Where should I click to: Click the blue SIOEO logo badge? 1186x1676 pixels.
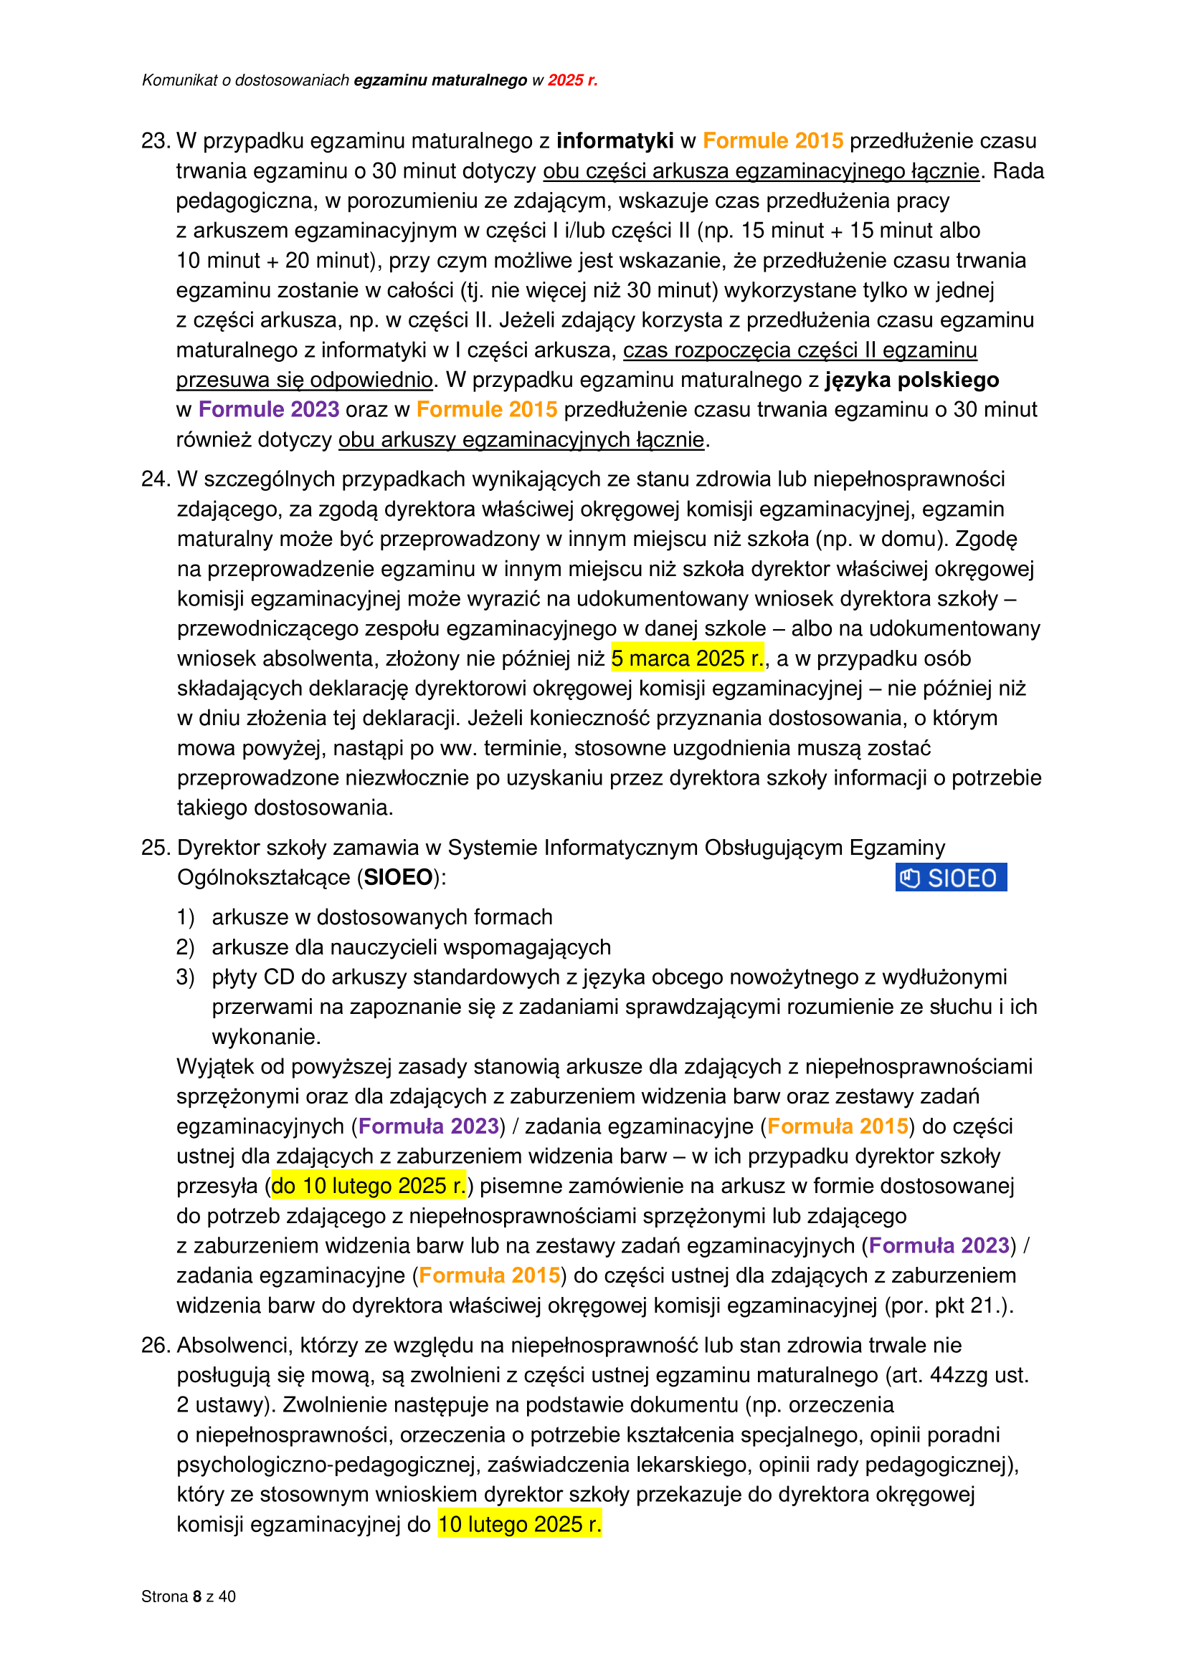[x=950, y=878]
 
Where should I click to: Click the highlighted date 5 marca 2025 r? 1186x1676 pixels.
[x=687, y=659]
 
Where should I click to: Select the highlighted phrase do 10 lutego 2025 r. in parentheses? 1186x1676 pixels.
[x=368, y=1185]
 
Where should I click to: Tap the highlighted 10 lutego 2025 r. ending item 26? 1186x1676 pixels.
[x=519, y=1524]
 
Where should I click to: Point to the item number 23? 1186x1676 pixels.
[x=155, y=141]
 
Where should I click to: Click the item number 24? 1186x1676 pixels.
[x=155, y=479]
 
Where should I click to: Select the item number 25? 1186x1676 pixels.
[x=155, y=848]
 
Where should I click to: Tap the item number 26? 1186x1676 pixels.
[x=155, y=1346]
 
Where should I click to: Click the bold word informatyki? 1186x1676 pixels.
[x=615, y=141]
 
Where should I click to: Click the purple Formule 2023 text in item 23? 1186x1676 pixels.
[x=269, y=410]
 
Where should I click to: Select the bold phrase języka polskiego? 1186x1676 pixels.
[x=912, y=380]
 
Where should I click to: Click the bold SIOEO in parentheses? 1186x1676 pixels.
[x=398, y=878]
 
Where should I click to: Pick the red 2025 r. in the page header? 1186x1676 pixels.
[x=572, y=80]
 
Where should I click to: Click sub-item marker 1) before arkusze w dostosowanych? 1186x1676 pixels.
[x=185, y=917]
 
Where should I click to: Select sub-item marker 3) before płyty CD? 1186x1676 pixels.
[x=185, y=977]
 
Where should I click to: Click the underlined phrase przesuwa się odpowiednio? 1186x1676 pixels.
[x=305, y=380]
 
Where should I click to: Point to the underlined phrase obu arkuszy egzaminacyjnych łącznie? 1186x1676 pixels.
[x=521, y=439]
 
